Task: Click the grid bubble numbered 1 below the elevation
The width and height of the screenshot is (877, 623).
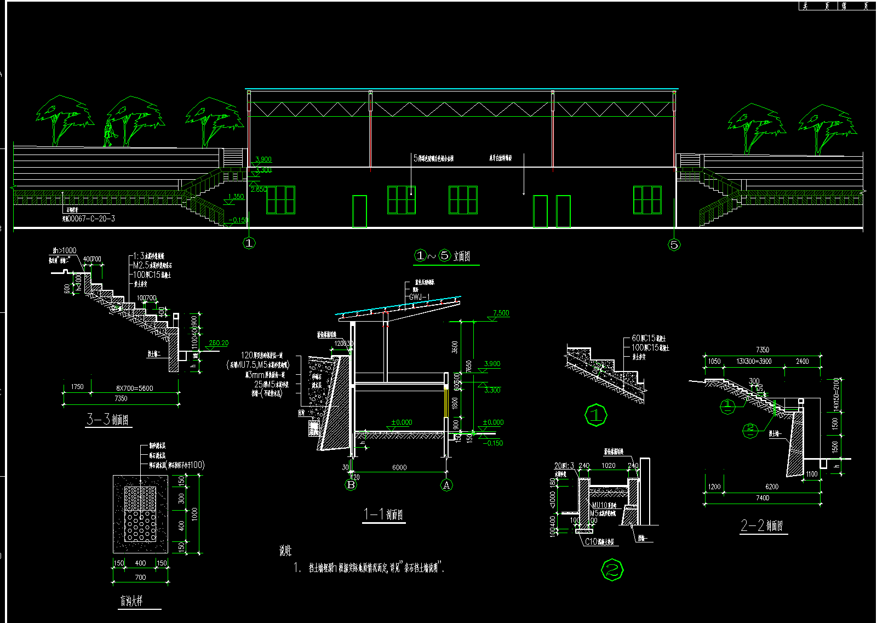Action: (249, 243)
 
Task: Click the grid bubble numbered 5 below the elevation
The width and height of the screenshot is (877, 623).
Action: (674, 244)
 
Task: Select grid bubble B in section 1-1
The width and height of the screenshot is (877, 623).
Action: (351, 485)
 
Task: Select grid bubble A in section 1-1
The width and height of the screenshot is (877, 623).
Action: (446, 485)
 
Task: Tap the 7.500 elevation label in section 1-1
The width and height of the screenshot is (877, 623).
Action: (501, 313)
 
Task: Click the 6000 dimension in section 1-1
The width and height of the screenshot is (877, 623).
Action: (399, 467)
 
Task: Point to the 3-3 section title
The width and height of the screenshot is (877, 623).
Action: (107, 420)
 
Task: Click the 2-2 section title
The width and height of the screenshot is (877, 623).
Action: (761, 526)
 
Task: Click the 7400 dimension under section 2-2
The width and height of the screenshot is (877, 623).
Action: (762, 498)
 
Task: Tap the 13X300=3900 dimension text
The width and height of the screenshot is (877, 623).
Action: (754, 362)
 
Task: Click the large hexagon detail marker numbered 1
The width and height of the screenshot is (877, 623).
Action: (596, 415)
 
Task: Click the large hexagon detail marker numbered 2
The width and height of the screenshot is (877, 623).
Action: (612, 570)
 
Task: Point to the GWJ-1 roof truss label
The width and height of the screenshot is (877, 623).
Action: (420, 297)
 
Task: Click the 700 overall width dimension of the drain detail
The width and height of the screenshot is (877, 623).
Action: (140, 577)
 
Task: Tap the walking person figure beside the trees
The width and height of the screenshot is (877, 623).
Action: (109, 133)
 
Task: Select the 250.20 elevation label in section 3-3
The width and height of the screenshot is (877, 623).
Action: (219, 343)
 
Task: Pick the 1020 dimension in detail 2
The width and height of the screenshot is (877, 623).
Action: (608, 466)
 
